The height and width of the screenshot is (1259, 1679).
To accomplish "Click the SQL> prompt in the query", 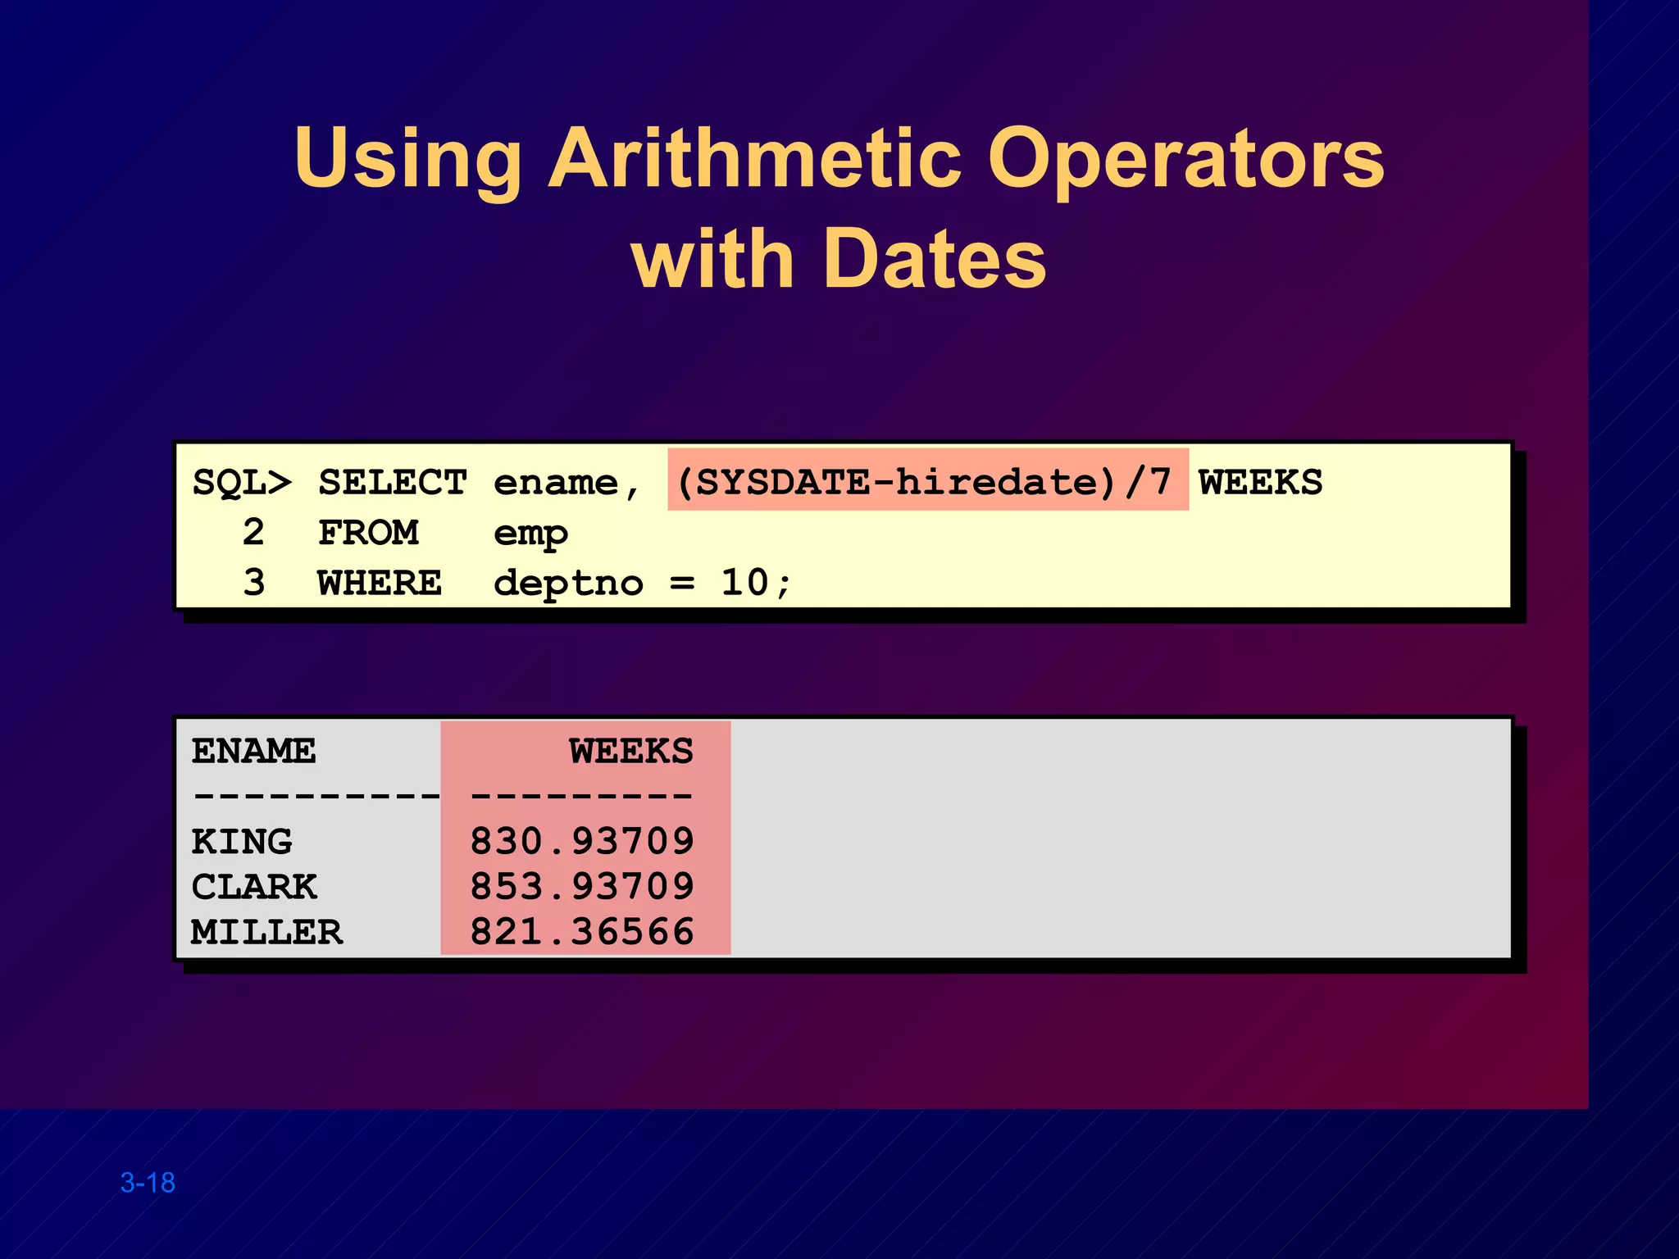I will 242,483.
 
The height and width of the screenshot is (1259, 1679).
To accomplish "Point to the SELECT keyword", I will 393,483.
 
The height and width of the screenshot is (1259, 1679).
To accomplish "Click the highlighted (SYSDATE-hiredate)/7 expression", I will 926,481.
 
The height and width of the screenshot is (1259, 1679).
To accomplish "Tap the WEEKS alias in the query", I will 1260,483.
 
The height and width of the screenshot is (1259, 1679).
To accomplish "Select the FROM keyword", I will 368,533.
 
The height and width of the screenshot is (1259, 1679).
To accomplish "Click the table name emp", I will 530,534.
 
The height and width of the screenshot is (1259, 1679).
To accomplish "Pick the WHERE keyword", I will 380,583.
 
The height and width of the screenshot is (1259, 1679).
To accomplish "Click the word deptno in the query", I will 568,583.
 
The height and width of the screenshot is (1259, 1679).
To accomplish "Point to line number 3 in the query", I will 254,583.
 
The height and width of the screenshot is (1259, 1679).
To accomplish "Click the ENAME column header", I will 253,751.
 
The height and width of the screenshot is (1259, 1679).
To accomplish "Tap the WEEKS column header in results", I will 631,751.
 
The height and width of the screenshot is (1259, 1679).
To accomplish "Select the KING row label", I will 242,842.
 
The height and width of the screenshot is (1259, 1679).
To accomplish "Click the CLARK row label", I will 254,887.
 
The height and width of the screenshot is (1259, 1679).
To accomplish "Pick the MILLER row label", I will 266,932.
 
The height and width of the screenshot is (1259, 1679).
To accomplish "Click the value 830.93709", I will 582,842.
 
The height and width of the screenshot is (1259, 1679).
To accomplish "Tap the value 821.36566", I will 582,932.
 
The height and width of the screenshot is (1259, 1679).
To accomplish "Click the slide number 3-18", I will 148,1183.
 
